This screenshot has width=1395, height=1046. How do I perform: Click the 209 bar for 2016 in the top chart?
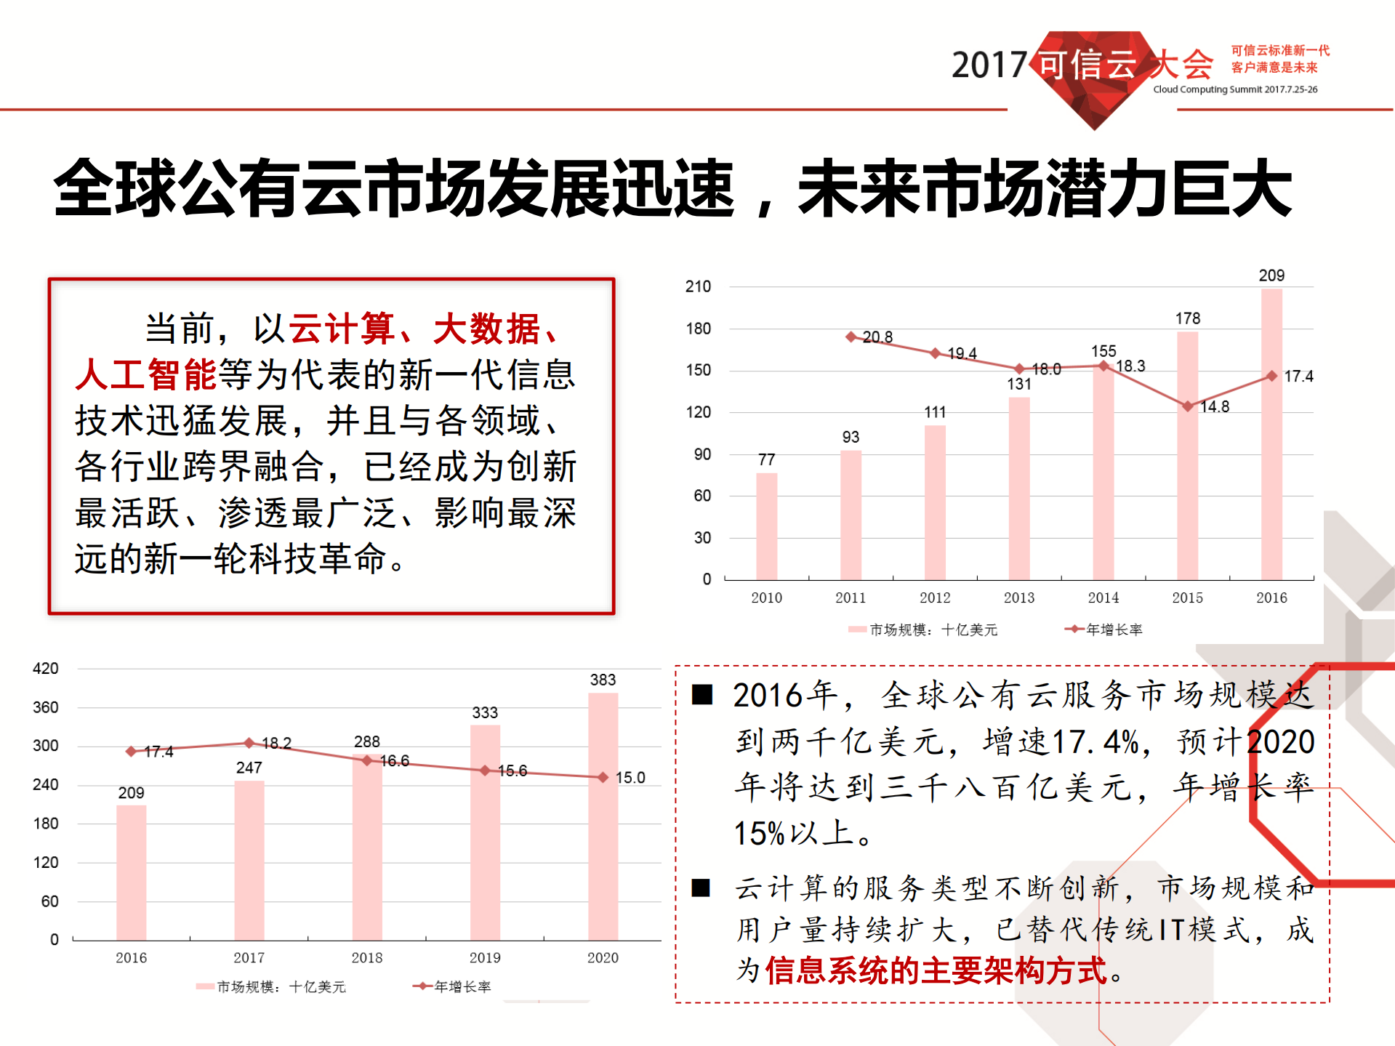point(1271,436)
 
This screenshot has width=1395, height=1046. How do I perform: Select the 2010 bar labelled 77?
point(766,526)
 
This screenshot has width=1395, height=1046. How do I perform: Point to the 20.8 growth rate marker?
point(851,337)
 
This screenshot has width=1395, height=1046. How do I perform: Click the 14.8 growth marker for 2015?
point(1187,406)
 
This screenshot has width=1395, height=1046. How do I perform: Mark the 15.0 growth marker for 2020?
point(603,777)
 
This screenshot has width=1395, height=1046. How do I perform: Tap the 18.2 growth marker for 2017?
point(249,743)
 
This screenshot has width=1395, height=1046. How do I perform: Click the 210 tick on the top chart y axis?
point(698,286)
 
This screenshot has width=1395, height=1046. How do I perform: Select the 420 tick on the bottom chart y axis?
point(45,668)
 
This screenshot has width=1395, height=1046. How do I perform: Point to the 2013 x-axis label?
point(1018,598)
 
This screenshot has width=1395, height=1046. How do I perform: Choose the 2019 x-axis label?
point(484,957)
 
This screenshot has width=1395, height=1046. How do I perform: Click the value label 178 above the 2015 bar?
point(1187,318)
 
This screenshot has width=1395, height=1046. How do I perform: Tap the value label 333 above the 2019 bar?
point(484,712)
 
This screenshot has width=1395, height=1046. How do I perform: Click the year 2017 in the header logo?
point(988,65)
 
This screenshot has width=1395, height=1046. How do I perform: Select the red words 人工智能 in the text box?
point(145,374)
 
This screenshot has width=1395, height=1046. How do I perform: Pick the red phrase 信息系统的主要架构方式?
point(936,970)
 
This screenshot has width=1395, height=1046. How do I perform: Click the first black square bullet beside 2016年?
point(701,695)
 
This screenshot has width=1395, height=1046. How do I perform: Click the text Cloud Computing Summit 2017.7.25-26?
point(1234,89)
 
